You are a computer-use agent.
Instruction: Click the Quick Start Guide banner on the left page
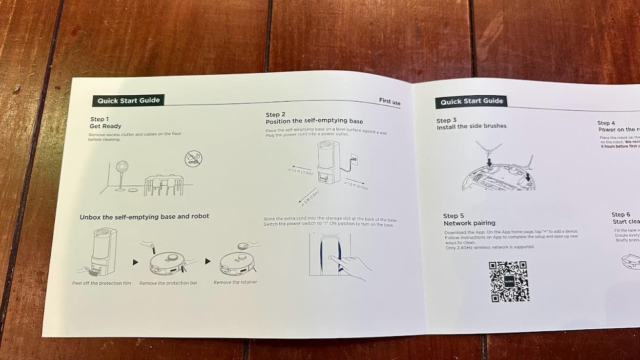point(128,101)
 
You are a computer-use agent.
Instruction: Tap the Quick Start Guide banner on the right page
point(471,102)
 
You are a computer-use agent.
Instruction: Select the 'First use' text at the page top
point(390,101)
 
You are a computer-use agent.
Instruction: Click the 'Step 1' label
point(100,119)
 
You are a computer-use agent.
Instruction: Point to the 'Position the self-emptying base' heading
point(314,121)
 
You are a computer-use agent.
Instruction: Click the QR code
point(509,281)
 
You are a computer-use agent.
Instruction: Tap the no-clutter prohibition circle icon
point(193,158)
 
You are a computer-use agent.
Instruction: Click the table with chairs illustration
point(164,185)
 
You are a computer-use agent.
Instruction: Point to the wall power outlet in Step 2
point(354,160)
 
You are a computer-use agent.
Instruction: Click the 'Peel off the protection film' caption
point(102,283)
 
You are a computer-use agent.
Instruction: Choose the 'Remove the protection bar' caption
point(168,283)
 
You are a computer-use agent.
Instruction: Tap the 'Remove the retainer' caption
point(235,282)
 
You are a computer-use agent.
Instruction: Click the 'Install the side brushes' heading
point(471,127)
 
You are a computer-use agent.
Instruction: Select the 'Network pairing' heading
point(469,223)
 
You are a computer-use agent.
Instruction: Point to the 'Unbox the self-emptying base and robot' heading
point(144,216)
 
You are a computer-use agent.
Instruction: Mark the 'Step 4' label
point(606,123)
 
